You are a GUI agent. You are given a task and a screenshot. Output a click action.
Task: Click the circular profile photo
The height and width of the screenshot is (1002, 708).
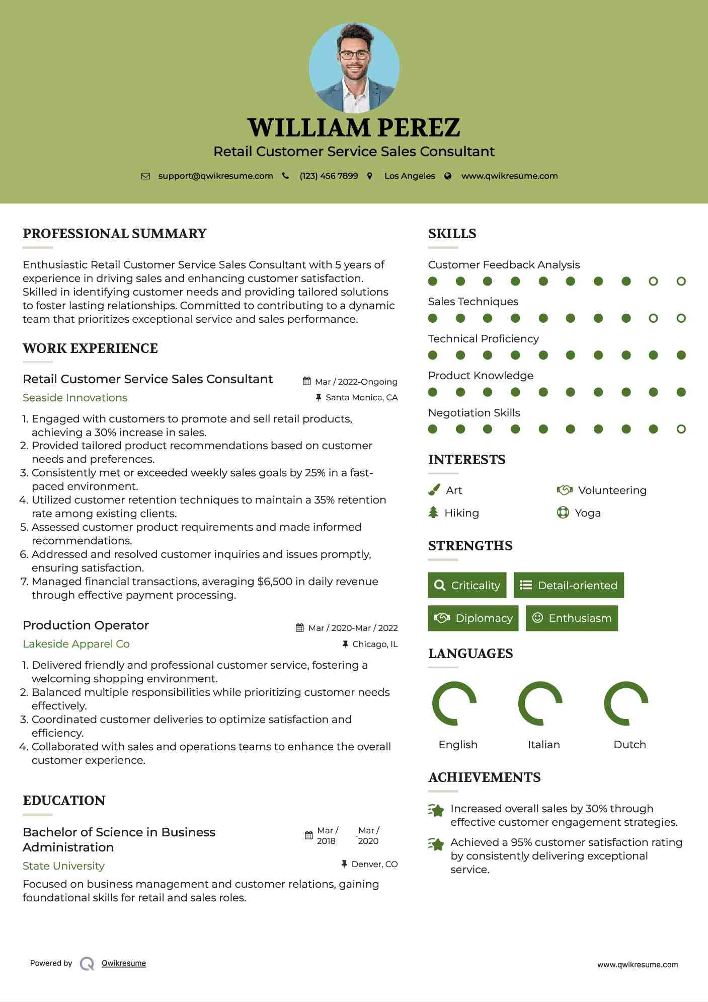[354, 67]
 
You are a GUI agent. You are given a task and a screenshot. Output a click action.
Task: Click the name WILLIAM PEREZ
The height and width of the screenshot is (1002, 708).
[354, 127]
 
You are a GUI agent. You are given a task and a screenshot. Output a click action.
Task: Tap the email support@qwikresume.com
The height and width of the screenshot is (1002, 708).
[215, 176]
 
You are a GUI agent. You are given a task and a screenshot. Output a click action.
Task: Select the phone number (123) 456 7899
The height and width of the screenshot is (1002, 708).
[329, 176]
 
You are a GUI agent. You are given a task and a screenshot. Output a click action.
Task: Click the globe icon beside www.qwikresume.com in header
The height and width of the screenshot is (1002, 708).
[448, 176]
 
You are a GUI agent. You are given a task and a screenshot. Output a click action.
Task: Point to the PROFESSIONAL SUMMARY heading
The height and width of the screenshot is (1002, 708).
[115, 234]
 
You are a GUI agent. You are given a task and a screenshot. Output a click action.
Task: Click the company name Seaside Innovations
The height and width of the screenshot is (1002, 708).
[75, 398]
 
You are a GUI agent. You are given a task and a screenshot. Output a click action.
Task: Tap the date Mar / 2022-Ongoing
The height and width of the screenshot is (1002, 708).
[356, 382]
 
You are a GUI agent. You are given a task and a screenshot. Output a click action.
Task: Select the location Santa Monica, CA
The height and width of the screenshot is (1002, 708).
[361, 397]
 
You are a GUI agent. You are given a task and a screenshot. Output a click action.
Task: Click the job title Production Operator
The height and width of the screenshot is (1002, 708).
[86, 625]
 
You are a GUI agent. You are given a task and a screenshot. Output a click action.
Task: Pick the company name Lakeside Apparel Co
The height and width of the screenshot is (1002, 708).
[76, 644]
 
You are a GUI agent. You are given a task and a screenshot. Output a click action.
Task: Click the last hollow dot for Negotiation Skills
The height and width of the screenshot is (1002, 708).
[681, 429]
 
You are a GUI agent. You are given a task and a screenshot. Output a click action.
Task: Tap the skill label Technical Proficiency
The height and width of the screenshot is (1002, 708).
[483, 339]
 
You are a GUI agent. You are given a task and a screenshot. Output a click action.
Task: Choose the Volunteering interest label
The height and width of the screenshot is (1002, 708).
[612, 490]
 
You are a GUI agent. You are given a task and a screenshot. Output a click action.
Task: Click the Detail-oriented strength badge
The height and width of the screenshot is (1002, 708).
[569, 585]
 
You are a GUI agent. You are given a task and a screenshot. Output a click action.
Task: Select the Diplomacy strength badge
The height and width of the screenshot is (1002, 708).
[473, 618]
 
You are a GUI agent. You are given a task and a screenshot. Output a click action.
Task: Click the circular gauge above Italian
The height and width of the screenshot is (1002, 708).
[540, 703]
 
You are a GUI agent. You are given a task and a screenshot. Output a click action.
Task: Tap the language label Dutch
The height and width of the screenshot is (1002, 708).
[630, 745]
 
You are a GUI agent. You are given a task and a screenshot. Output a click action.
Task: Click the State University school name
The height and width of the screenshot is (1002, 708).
[63, 866]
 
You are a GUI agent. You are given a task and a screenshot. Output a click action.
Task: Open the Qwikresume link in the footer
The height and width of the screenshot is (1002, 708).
[124, 963]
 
